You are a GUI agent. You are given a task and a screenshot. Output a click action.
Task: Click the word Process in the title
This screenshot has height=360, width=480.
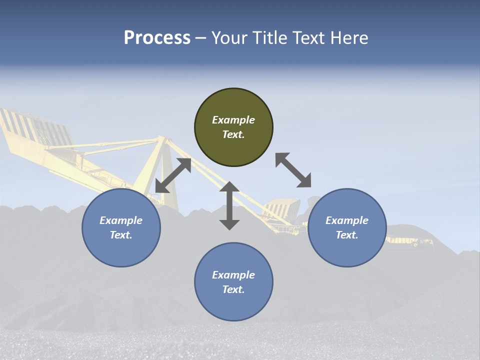pyautogui.click(x=157, y=38)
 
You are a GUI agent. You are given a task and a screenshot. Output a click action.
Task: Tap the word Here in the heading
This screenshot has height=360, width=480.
pyautogui.click(x=349, y=38)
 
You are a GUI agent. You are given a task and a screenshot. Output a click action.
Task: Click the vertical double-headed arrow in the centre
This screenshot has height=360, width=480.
pyautogui.click(x=229, y=205)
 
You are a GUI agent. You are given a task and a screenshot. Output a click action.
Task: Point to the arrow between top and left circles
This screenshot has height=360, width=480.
pyautogui.click(x=173, y=175)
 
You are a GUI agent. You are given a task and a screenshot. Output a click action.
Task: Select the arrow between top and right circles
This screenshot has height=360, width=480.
pyautogui.click(x=293, y=170)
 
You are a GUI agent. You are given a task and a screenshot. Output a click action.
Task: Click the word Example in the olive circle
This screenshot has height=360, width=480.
pyautogui.click(x=233, y=120)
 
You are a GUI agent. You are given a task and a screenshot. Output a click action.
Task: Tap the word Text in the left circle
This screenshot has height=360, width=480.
pyautogui.click(x=121, y=235)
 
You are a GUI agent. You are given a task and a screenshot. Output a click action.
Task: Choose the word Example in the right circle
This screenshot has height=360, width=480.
pyautogui.click(x=347, y=220)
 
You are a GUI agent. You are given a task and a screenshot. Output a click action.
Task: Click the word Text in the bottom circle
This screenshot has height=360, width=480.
pyautogui.click(x=233, y=289)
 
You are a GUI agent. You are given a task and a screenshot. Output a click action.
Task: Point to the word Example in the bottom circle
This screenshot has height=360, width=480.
pyautogui.click(x=233, y=275)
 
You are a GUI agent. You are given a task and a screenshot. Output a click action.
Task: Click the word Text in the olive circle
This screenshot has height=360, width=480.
pyautogui.click(x=233, y=134)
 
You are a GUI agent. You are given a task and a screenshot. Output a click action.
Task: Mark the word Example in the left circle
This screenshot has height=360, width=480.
pyautogui.click(x=121, y=220)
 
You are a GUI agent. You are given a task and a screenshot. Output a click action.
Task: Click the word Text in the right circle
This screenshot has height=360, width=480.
pyautogui.click(x=347, y=235)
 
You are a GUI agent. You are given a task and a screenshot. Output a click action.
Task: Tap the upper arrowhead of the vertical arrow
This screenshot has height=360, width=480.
pyautogui.click(x=229, y=187)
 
